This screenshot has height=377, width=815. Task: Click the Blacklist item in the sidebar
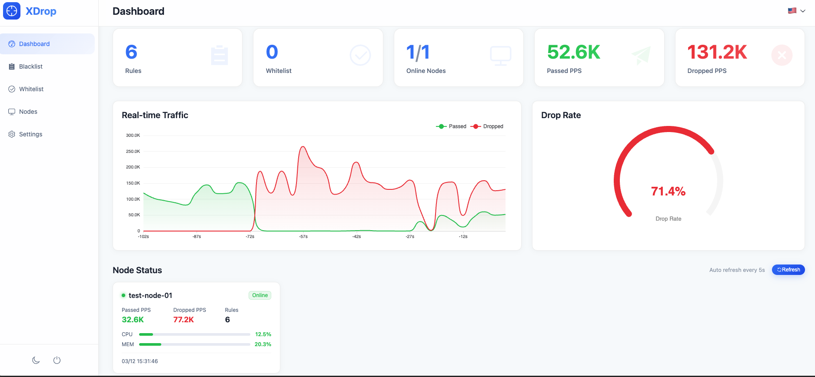click(30, 66)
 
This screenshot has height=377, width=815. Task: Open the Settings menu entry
click(30, 134)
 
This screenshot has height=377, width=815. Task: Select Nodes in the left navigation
click(28, 112)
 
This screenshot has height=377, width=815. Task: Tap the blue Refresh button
click(788, 270)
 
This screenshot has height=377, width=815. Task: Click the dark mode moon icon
click(36, 360)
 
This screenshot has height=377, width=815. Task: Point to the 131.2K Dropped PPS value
click(717, 53)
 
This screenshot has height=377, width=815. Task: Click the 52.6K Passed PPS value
click(573, 53)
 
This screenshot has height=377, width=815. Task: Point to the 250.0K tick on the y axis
click(133, 152)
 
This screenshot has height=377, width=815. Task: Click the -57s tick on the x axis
click(303, 237)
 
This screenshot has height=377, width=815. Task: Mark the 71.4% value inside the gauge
click(668, 191)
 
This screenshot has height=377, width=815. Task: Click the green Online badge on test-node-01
click(260, 295)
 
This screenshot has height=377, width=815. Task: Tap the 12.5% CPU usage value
click(263, 334)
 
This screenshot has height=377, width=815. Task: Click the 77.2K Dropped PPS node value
click(183, 320)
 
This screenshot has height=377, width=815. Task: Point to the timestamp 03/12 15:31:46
click(140, 361)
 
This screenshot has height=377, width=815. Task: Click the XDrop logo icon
click(12, 11)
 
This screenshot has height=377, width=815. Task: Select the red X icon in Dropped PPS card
click(782, 55)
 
